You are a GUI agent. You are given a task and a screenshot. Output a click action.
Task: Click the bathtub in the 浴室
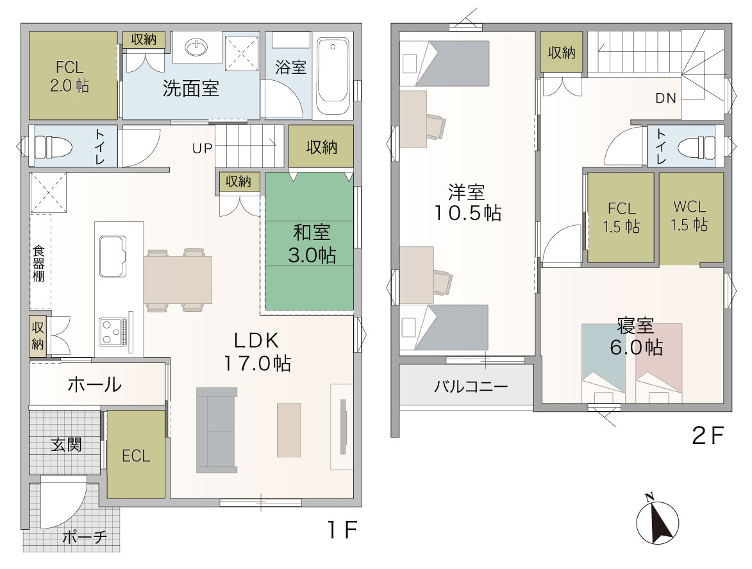(333, 77)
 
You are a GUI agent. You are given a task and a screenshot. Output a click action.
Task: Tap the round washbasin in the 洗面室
(197, 47)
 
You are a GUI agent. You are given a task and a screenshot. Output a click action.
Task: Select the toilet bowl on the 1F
(54, 146)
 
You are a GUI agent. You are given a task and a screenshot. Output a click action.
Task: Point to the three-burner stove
(113, 332)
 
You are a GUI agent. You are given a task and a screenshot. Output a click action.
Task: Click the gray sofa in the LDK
(217, 430)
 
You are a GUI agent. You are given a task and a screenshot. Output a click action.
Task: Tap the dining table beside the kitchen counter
(178, 280)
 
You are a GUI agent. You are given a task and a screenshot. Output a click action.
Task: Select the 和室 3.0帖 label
(312, 244)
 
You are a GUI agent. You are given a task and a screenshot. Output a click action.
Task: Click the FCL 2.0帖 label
(69, 76)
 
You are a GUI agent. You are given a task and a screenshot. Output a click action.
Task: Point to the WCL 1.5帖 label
(689, 216)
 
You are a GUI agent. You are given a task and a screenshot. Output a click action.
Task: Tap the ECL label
(136, 455)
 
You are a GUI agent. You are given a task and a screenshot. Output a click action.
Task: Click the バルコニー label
(471, 386)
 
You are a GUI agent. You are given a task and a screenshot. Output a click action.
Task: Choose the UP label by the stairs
(202, 148)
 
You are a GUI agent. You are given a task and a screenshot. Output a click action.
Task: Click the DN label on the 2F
(665, 98)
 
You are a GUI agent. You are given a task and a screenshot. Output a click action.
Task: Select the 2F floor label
(707, 436)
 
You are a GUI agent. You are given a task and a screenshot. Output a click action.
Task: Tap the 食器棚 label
(38, 264)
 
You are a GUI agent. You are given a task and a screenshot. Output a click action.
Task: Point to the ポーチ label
(85, 537)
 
